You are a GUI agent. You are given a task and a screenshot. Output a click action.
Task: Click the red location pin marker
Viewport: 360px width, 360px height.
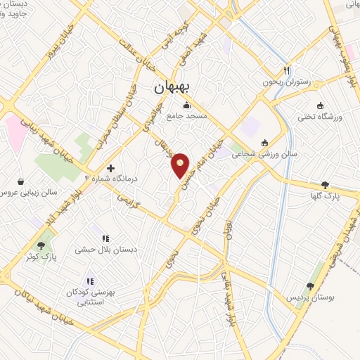pyautogui.click(x=181, y=165)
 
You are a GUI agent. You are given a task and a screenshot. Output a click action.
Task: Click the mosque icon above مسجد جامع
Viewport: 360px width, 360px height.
pyautogui.click(x=186, y=105)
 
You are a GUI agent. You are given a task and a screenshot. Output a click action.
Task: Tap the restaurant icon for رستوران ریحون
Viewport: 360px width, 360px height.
pyautogui.click(x=286, y=71)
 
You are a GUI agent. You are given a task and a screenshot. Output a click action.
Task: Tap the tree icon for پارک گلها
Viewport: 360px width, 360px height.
pyautogui.click(x=324, y=184)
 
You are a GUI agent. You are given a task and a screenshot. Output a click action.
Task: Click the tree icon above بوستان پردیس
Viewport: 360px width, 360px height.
pyautogui.click(x=310, y=286)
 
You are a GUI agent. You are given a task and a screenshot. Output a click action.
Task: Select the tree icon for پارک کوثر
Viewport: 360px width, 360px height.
pyautogui.click(x=41, y=245)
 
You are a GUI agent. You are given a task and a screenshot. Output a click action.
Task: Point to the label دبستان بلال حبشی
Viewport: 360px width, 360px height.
pyautogui.click(x=105, y=249)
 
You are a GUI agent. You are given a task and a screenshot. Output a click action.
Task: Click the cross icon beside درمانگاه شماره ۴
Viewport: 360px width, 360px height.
pyautogui.click(x=110, y=168)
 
